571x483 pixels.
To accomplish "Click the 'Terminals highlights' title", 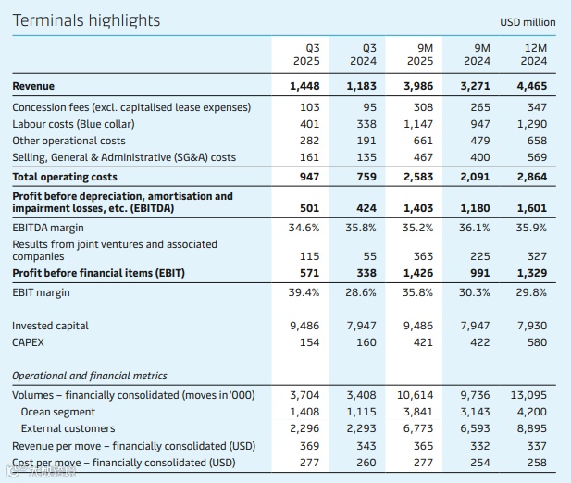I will (x=85, y=20).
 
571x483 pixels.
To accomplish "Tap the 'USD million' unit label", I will (x=528, y=22).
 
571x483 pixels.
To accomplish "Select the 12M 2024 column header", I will (x=534, y=54).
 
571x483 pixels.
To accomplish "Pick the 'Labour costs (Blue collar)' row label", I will (x=73, y=124).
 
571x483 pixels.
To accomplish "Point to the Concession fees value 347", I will (x=536, y=107).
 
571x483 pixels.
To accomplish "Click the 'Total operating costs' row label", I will (x=65, y=176).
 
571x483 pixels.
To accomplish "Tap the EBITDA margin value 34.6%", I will (x=304, y=226).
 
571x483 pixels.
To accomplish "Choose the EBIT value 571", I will (x=307, y=273).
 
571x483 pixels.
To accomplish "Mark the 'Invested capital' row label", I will (x=50, y=326).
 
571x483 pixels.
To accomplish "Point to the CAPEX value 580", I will (x=536, y=342).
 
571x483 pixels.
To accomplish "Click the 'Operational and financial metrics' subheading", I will (x=90, y=376).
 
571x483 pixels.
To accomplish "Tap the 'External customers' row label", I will (x=68, y=428).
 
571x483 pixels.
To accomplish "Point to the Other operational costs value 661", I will (x=421, y=141).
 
